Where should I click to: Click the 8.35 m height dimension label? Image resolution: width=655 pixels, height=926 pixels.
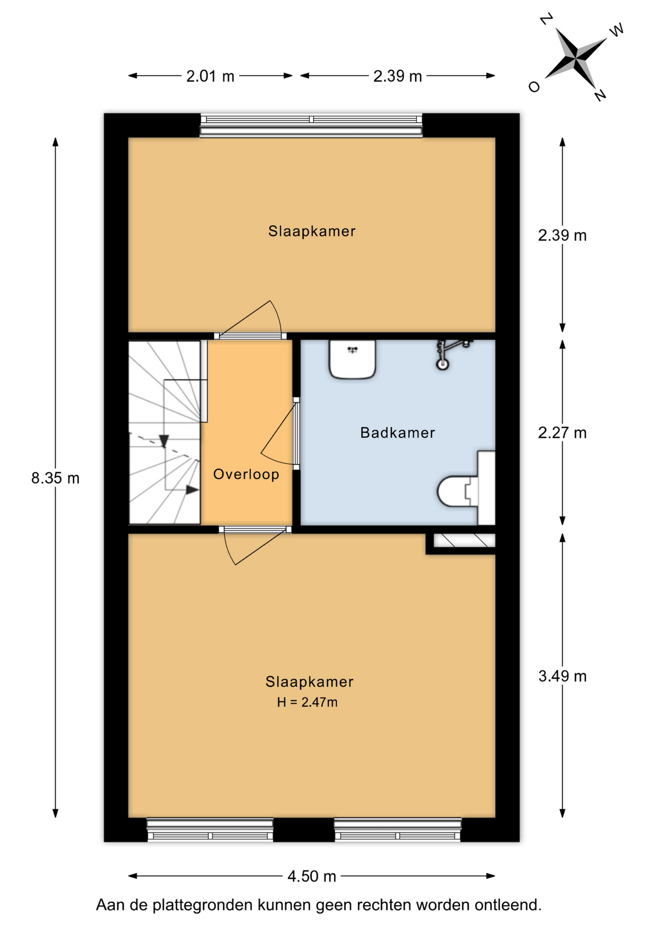tap(55, 478)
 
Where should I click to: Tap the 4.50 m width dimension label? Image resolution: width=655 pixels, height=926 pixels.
tap(312, 876)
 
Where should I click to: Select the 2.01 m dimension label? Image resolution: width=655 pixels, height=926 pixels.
tap(210, 76)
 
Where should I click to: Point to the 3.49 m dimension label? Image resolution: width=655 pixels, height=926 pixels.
tap(562, 676)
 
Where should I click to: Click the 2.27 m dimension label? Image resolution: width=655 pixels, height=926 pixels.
tap(562, 433)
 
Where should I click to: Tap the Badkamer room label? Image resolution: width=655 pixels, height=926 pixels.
tap(397, 433)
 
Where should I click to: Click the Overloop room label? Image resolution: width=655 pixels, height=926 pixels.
tap(246, 474)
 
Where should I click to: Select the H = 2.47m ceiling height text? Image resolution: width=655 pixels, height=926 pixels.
tap(307, 702)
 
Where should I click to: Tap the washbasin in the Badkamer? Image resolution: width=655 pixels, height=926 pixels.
tap(352, 359)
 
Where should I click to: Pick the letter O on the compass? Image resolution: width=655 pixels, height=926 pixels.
tap(534, 87)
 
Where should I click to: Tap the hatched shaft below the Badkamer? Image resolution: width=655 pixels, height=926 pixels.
tap(464, 540)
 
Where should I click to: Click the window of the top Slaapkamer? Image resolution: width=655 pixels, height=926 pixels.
tap(311, 125)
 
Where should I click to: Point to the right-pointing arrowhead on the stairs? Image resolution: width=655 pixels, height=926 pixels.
tap(192, 490)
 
